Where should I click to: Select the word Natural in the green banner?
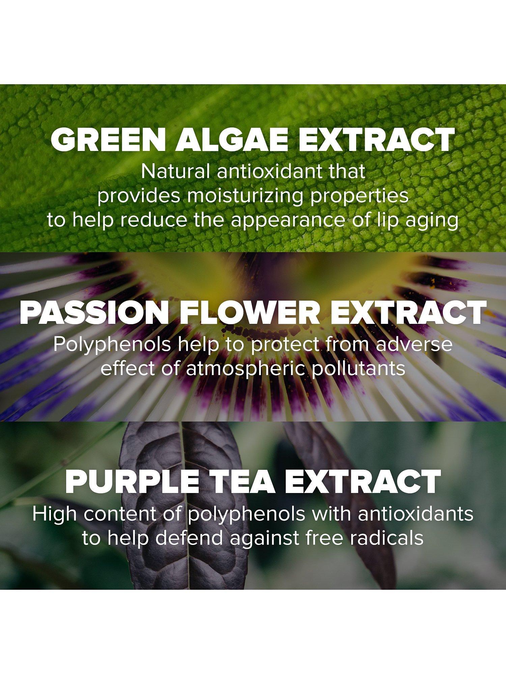tap(175, 172)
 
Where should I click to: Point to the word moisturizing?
tap(245, 197)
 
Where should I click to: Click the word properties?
tap(360, 197)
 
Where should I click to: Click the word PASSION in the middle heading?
tap(94, 313)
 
